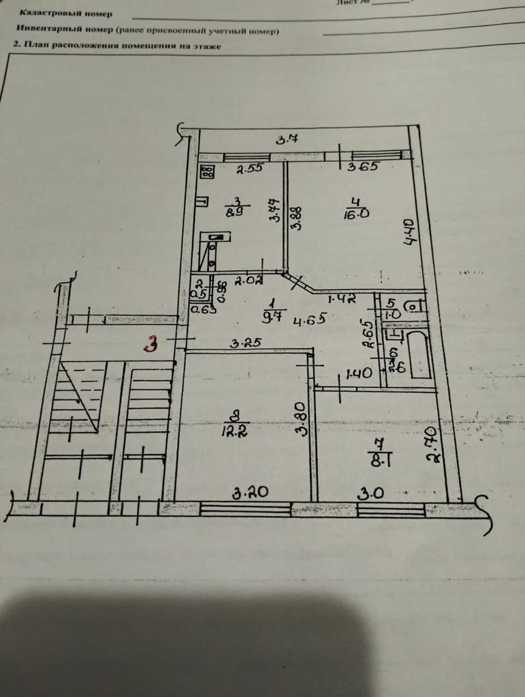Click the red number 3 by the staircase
tap(150, 344)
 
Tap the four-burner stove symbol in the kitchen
tap(208, 172)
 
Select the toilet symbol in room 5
tap(413, 307)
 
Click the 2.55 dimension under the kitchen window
tap(249, 169)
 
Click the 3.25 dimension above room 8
tap(246, 344)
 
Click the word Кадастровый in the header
tap(46, 13)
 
